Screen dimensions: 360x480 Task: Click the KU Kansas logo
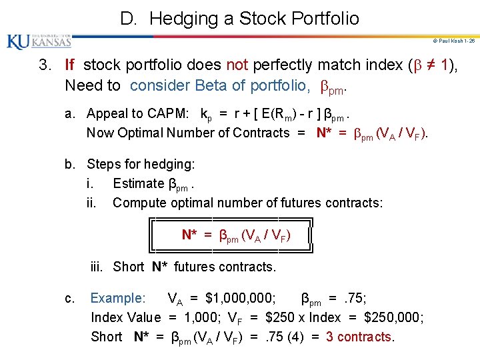coord(39,42)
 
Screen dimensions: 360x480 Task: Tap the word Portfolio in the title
coord(321,18)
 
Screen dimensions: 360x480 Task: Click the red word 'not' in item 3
coord(237,65)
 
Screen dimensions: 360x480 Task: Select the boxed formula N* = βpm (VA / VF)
coord(236,235)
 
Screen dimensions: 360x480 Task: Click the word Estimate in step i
coord(138,183)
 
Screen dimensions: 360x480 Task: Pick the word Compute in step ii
coord(138,202)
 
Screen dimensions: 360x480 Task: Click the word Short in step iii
coord(128,267)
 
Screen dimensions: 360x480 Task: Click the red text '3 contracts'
coord(360,337)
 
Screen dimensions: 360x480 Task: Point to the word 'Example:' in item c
coord(117,298)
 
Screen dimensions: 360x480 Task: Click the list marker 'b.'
coord(70,163)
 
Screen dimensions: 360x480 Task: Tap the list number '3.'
coord(44,65)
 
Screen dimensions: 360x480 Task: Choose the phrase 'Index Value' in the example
coord(126,317)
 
